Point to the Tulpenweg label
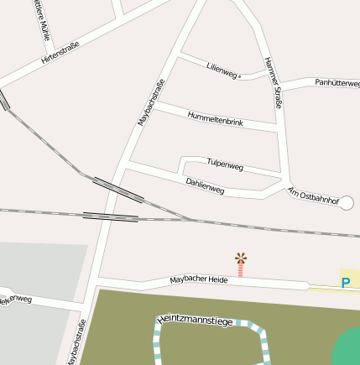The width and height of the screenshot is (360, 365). click(224, 164)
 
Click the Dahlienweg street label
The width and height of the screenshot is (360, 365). click(205, 185)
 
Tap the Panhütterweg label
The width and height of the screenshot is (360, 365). click(337, 82)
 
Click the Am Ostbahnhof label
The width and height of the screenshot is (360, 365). click(312, 196)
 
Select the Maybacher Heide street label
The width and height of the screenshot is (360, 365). click(199, 279)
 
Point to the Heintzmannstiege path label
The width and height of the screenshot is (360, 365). click(194, 318)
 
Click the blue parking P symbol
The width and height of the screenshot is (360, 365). click(345, 283)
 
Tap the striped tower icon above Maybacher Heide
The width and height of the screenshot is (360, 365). click(241, 264)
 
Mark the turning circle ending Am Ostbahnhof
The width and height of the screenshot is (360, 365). click(347, 202)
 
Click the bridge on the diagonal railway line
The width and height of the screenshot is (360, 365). click(117, 190)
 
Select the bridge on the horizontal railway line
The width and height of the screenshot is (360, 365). click(110, 217)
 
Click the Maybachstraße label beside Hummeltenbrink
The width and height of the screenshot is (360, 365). click(150, 102)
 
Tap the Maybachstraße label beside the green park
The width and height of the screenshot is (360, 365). click(76, 342)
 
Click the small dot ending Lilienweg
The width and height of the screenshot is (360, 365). click(241, 76)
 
